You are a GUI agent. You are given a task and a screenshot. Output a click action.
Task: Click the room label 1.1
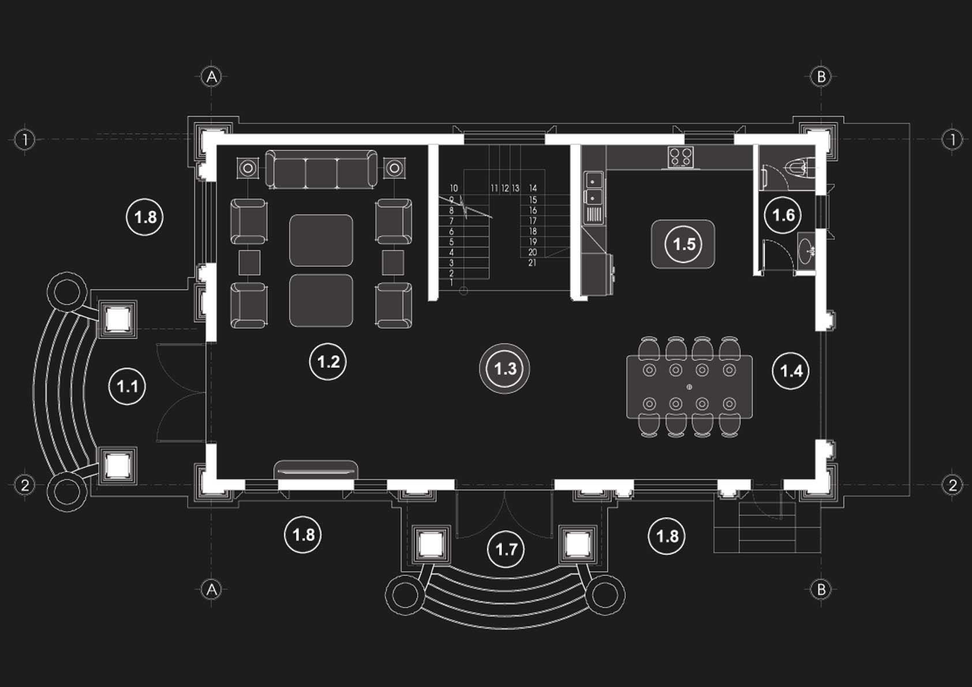pyautogui.click(x=127, y=386)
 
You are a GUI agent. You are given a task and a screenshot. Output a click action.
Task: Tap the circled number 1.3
pyautogui.click(x=505, y=369)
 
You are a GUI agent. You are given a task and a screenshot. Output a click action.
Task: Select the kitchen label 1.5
pyautogui.click(x=684, y=244)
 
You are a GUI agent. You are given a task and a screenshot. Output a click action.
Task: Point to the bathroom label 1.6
pyautogui.click(x=783, y=215)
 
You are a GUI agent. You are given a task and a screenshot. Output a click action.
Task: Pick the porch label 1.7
pyautogui.click(x=506, y=549)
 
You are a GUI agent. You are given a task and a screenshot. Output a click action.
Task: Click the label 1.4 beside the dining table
pyautogui.click(x=791, y=370)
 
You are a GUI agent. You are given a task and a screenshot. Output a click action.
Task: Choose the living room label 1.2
pyautogui.click(x=328, y=362)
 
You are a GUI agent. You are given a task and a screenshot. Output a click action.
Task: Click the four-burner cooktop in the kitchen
pyautogui.click(x=681, y=156)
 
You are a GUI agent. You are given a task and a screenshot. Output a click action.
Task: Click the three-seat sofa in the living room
pyautogui.click(x=321, y=169)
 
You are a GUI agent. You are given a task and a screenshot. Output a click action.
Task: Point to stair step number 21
pyautogui.click(x=532, y=263)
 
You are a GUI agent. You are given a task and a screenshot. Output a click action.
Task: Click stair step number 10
pyautogui.click(x=454, y=188)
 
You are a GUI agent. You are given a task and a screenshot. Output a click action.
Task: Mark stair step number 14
pyautogui.click(x=533, y=188)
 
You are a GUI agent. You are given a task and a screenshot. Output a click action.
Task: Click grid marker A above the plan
pyautogui.click(x=212, y=76)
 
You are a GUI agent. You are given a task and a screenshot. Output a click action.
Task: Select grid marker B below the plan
pyautogui.click(x=821, y=589)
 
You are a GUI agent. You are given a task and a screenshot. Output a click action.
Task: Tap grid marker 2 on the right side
pyautogui.click(x=952, y=485)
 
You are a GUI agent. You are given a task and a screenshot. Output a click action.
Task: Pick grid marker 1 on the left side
pyautogui.click(x=24, y=139)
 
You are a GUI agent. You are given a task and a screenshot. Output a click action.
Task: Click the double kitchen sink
pyautogui.click(x=593, y=189)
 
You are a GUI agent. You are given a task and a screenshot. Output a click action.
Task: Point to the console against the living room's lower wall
pyautogui.click(x=315, y=470)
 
